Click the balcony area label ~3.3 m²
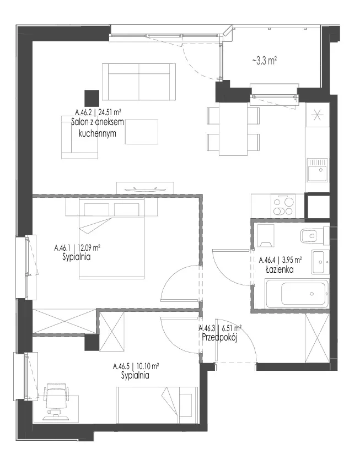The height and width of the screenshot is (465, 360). tap(265, 61)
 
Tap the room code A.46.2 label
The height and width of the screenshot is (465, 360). tap(83, 112)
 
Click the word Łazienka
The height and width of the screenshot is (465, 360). tap(280, 269)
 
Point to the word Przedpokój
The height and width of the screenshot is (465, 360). tap(219, 338)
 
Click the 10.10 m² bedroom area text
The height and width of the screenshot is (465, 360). tap(148, 366)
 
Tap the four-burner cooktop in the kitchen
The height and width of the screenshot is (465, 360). tap(283, 206)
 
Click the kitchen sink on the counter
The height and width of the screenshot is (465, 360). tap(318, 170)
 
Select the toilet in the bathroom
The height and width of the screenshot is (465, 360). tap(311, 236)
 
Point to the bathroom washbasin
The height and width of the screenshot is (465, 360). tap(320, 262)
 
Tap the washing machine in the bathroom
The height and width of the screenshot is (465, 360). tap(266, 236)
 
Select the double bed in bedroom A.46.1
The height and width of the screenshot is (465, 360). tap(111, 239)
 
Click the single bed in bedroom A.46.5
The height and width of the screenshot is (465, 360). tap(157, 405)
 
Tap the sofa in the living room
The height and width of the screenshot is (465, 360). tap(139, 82)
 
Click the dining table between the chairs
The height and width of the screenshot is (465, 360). tap(233, 129)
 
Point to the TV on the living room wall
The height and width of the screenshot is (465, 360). tap(145, 188)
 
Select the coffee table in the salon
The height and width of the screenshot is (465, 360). tap(142, 132)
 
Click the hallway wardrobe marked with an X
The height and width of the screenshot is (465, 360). tap(317, 338)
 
